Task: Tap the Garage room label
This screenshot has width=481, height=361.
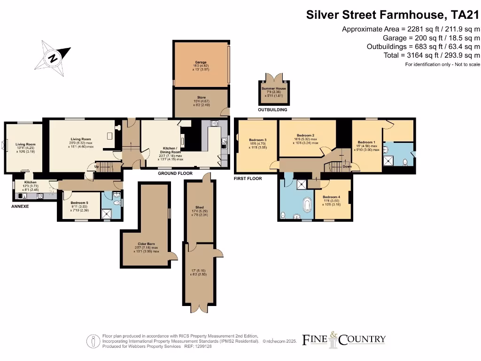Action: click(201, 62)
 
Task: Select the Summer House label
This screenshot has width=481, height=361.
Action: click(274, 88)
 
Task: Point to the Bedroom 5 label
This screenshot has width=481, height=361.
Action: click(79, 203)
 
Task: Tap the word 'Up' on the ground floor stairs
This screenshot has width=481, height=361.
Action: click(97, 166)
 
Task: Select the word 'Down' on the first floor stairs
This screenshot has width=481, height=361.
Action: click(347, 166)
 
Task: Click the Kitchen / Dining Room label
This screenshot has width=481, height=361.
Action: click(170, 149)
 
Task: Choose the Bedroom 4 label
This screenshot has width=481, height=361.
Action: click(332, 197)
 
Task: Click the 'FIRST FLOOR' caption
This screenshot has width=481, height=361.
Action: click(248, 179)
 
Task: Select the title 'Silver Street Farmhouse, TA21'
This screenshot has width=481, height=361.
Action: click(393, 15)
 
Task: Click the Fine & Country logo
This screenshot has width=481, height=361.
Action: click(343, 339)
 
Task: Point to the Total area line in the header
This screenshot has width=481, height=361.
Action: click(431, 55)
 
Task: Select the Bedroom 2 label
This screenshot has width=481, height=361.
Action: click(305, 135)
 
